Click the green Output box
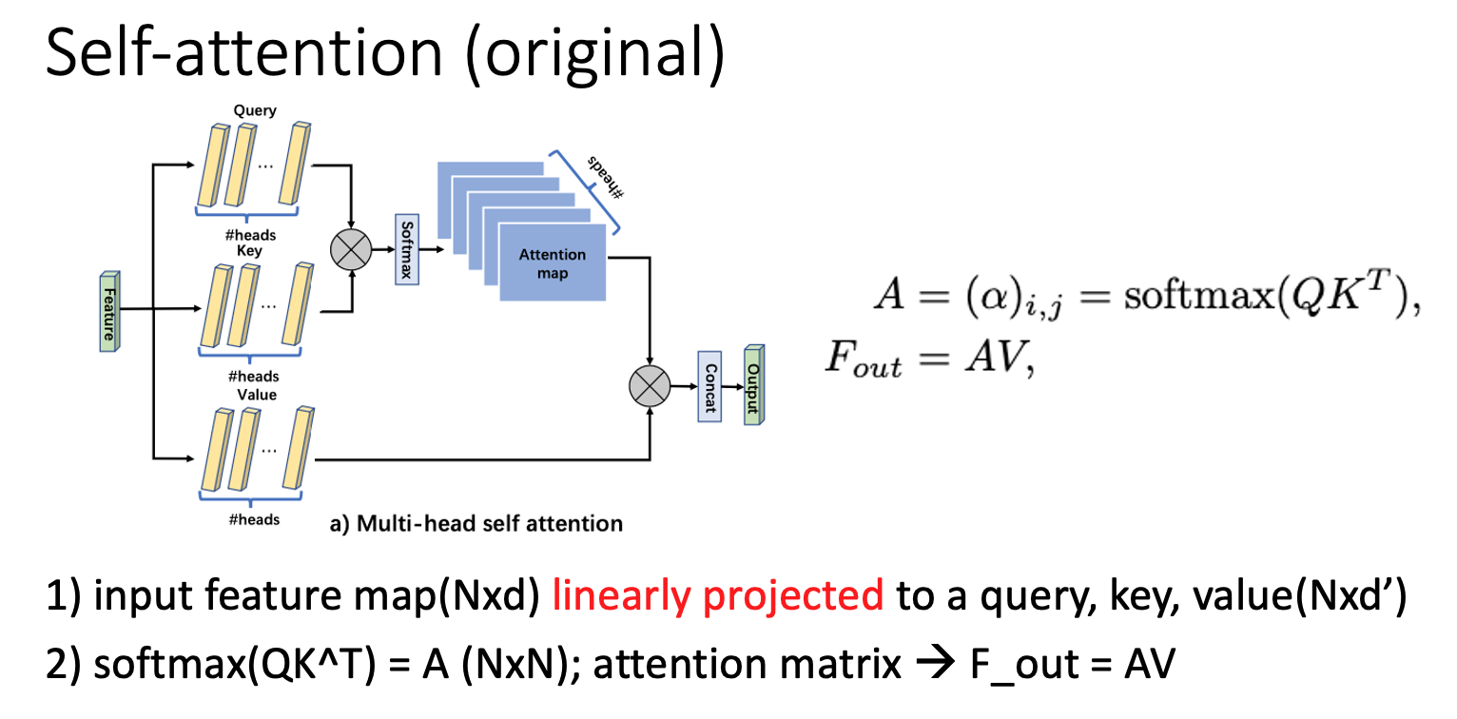pyautogui.click(x=754, y=384)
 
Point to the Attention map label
pyautogui.click(x=552, y=263)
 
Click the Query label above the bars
pyautogui.click(x=255, y=110)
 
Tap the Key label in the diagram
pyautogui.click(x=251, y=251)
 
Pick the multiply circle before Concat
pyautogui.click(x=650, y=387)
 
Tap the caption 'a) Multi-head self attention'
pyautogui.click(x=476, y=523)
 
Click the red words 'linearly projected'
pyautogui.click(x=718, y=596)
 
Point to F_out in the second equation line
pyautogui.click(x=862, y=361)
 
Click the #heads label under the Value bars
pyautogui.click(x=255, y=519)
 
